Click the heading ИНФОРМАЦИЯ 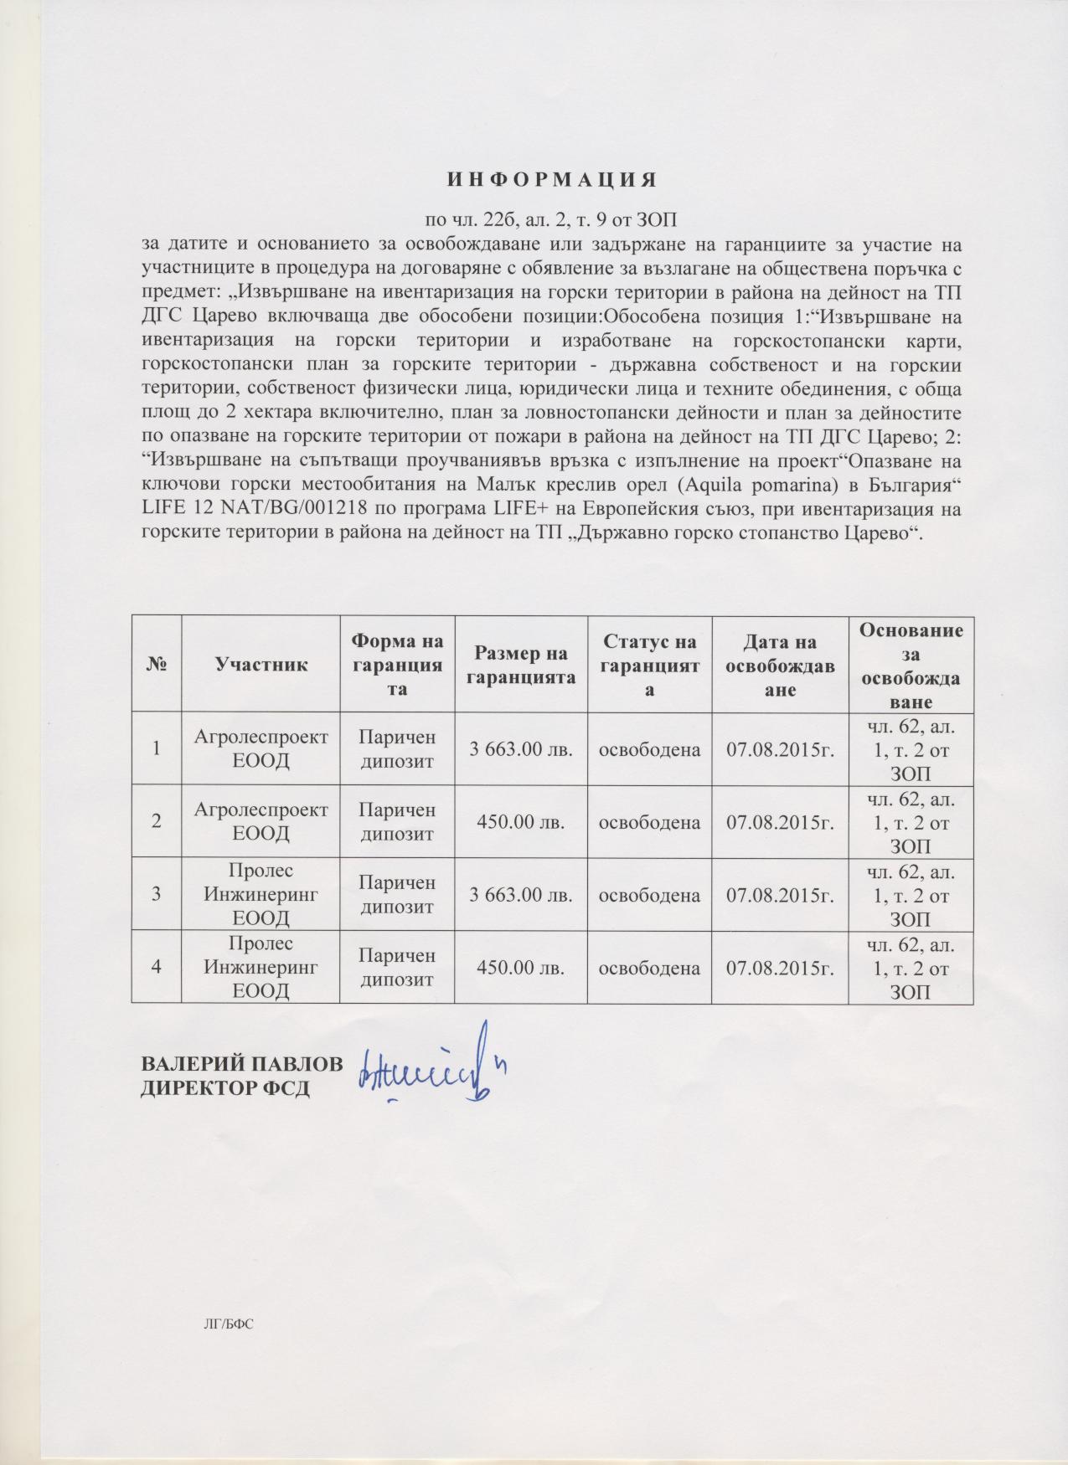(549, 180)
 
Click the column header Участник (261, 664)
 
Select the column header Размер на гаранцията (520, 664)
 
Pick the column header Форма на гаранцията (396, 664)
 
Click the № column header (157, 664)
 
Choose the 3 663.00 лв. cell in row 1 (520, 748)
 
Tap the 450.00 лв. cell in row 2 (520, 821)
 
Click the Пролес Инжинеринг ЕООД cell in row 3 (261, 894)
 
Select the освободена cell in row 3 (649, 894)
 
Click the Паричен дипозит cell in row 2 (396, 821)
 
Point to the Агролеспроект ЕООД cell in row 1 (261, 748)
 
